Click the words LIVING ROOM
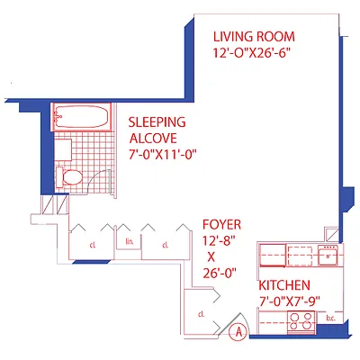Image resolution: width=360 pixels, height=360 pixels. click(x=254, y=37)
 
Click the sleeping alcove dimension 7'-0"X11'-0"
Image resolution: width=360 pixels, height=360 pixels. click(x=162, y=154)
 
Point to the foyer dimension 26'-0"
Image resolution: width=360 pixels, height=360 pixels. click(x=220, y=273)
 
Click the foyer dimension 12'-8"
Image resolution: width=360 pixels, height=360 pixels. click(x=220, y=240)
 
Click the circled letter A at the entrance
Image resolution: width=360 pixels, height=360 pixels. click(x=238, y=331)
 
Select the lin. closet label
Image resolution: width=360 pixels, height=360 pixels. click(x=130, y=241)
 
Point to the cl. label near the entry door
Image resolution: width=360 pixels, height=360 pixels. click(x=201, y=313)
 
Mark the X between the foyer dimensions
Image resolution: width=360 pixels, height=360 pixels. click(x=220, y=256)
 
